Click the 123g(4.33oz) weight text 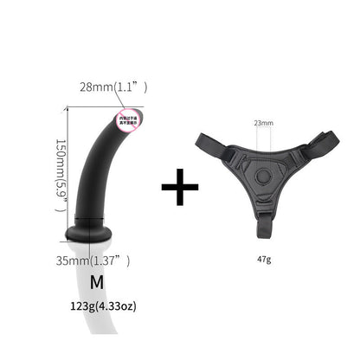(106, 305)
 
